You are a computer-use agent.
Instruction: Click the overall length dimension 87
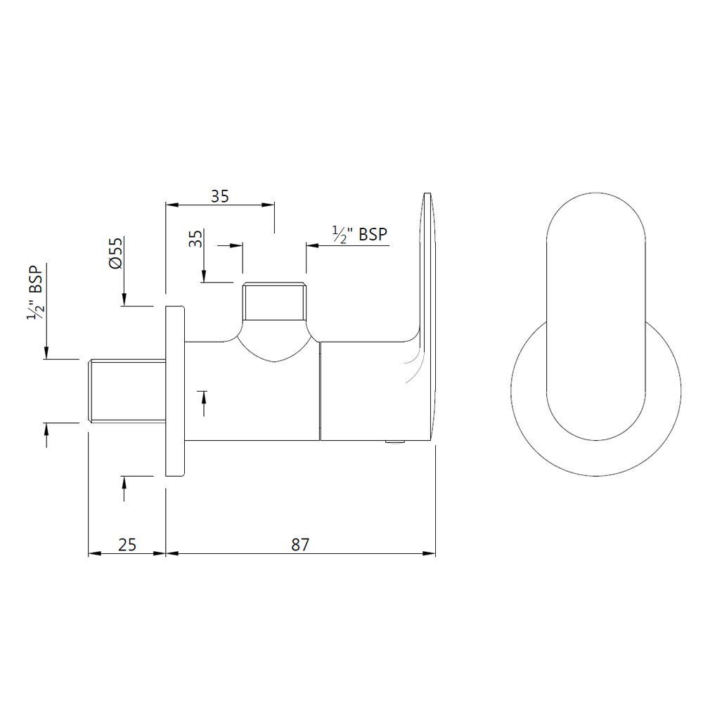pos(300,543)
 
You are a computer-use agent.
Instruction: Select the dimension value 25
pos(127,543)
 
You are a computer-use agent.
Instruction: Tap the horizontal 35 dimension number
pos(220,196)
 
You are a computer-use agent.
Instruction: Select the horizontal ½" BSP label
pos(359,234)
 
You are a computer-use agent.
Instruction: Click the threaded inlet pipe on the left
pos(125,390)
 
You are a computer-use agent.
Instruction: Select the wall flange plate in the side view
pos(174,392)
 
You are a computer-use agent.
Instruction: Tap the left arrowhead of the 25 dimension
pos(92,553)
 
